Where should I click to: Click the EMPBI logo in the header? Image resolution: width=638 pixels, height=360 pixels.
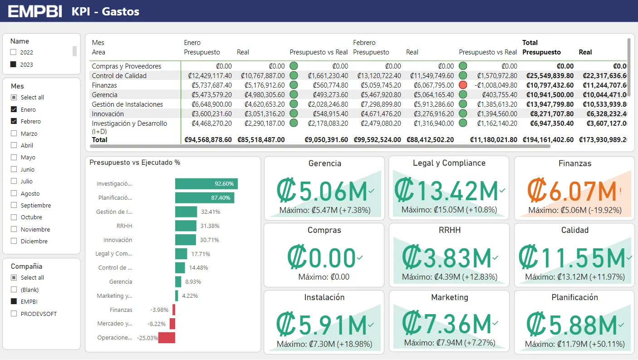tap(35, 11)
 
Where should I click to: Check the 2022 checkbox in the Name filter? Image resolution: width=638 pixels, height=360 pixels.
tap(13, 52)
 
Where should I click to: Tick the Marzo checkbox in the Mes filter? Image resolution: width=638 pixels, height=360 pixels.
tap(14, 133)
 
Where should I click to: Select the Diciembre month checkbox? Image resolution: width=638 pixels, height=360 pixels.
tap(14, 241)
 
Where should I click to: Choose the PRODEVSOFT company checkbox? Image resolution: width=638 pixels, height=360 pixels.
tap(14, 314)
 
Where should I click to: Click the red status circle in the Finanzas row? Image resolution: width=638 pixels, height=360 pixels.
tap(463, 85)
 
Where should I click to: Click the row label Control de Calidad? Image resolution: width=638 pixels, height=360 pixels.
tap(119, 76)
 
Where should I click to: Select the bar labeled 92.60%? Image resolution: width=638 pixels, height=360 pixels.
tap(206, 184)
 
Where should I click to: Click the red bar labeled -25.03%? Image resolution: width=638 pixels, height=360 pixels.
tap(167, 338)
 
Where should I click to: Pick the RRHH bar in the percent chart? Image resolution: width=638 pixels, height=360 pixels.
tap(186, 226)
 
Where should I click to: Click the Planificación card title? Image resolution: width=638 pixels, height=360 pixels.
tap(574, 297)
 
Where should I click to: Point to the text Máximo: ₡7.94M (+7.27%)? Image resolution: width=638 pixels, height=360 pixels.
tap(448, 343)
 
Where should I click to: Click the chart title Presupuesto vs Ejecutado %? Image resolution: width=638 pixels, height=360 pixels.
tap(135, 163)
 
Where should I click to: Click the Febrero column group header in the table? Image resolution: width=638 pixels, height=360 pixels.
tap(364, 43)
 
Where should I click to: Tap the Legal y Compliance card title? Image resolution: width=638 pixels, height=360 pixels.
tap(449, 163)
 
